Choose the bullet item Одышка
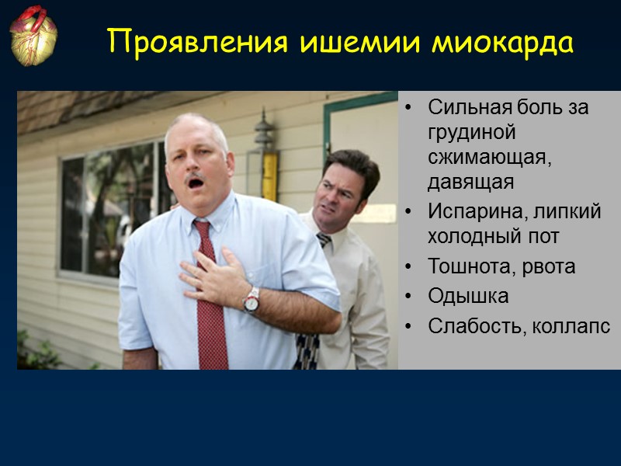[x=468, y=296]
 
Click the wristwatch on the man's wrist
[x=251, y=300]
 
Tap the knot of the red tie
[x=203, y=229]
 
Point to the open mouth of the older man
[x=196, y=183]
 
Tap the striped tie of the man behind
[x=323, y=241]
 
